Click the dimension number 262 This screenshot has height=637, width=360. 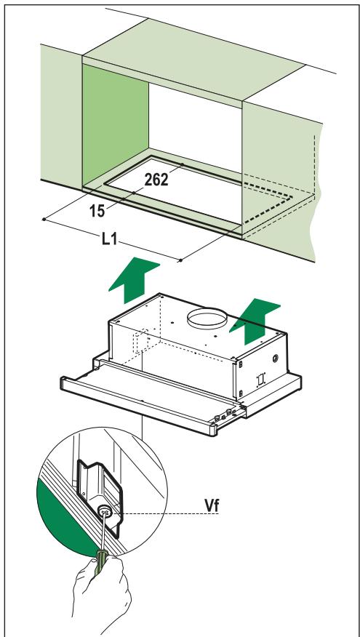click(156, 179)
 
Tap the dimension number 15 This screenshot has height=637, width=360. click(98, 211)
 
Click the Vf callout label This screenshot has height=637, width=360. click(212, 506)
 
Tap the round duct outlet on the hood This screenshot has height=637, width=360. click(207, 318)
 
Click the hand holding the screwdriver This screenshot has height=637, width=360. click(102, 589)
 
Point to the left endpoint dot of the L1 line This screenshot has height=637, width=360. click(44, 220)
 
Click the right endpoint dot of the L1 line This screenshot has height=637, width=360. click(180, 260)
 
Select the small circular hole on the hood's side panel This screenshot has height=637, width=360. click(276, 358)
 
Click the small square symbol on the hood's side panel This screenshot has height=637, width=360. click(260, 380)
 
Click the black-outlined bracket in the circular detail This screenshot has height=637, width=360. click(100, 496)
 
